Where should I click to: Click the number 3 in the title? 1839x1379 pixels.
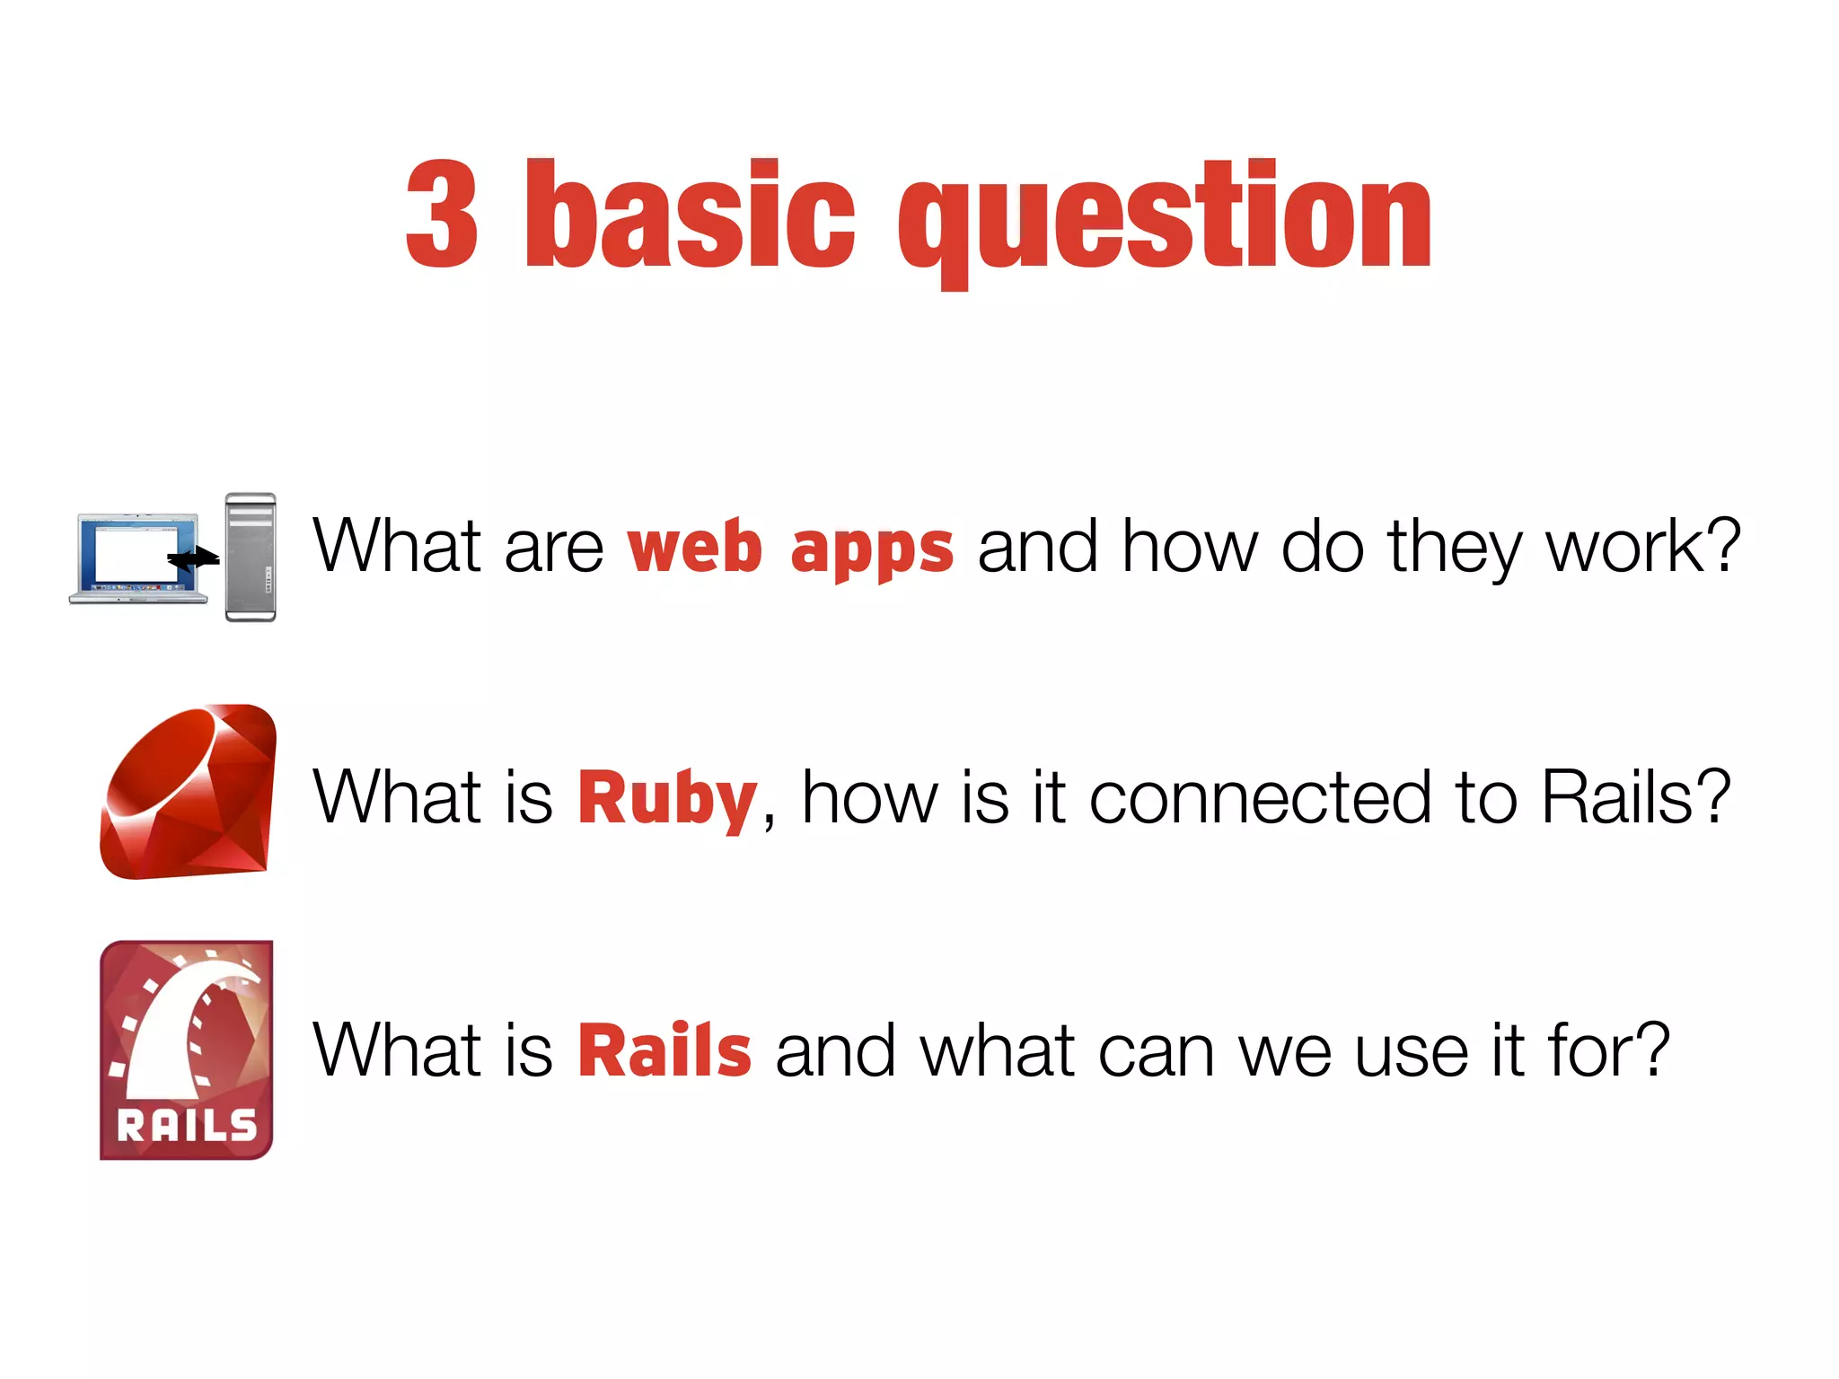point(442,215)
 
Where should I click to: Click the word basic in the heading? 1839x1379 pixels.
point(690,215)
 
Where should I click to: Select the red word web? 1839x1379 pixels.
point(694,547)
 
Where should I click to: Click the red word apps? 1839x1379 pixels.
point(871,549)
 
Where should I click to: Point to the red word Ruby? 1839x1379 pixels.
point(667,799)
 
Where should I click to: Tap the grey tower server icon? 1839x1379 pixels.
point(251,558)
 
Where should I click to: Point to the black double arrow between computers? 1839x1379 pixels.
point(194,559)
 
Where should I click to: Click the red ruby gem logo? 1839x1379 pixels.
point(189,792)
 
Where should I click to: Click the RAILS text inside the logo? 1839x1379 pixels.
point(187,1125)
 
